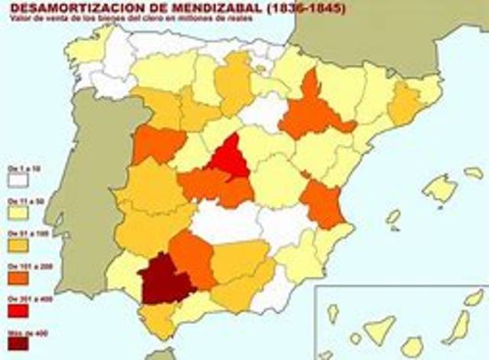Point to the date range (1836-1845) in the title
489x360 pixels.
click(x=302, y=9)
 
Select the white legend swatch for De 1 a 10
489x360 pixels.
click(x=18, y=179)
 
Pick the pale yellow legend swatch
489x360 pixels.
click(x=18, y=212)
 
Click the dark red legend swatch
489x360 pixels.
click(x=18, y=343)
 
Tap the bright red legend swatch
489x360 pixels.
click(x=18, y=310)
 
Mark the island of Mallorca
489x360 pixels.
click(x=440, y=187)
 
